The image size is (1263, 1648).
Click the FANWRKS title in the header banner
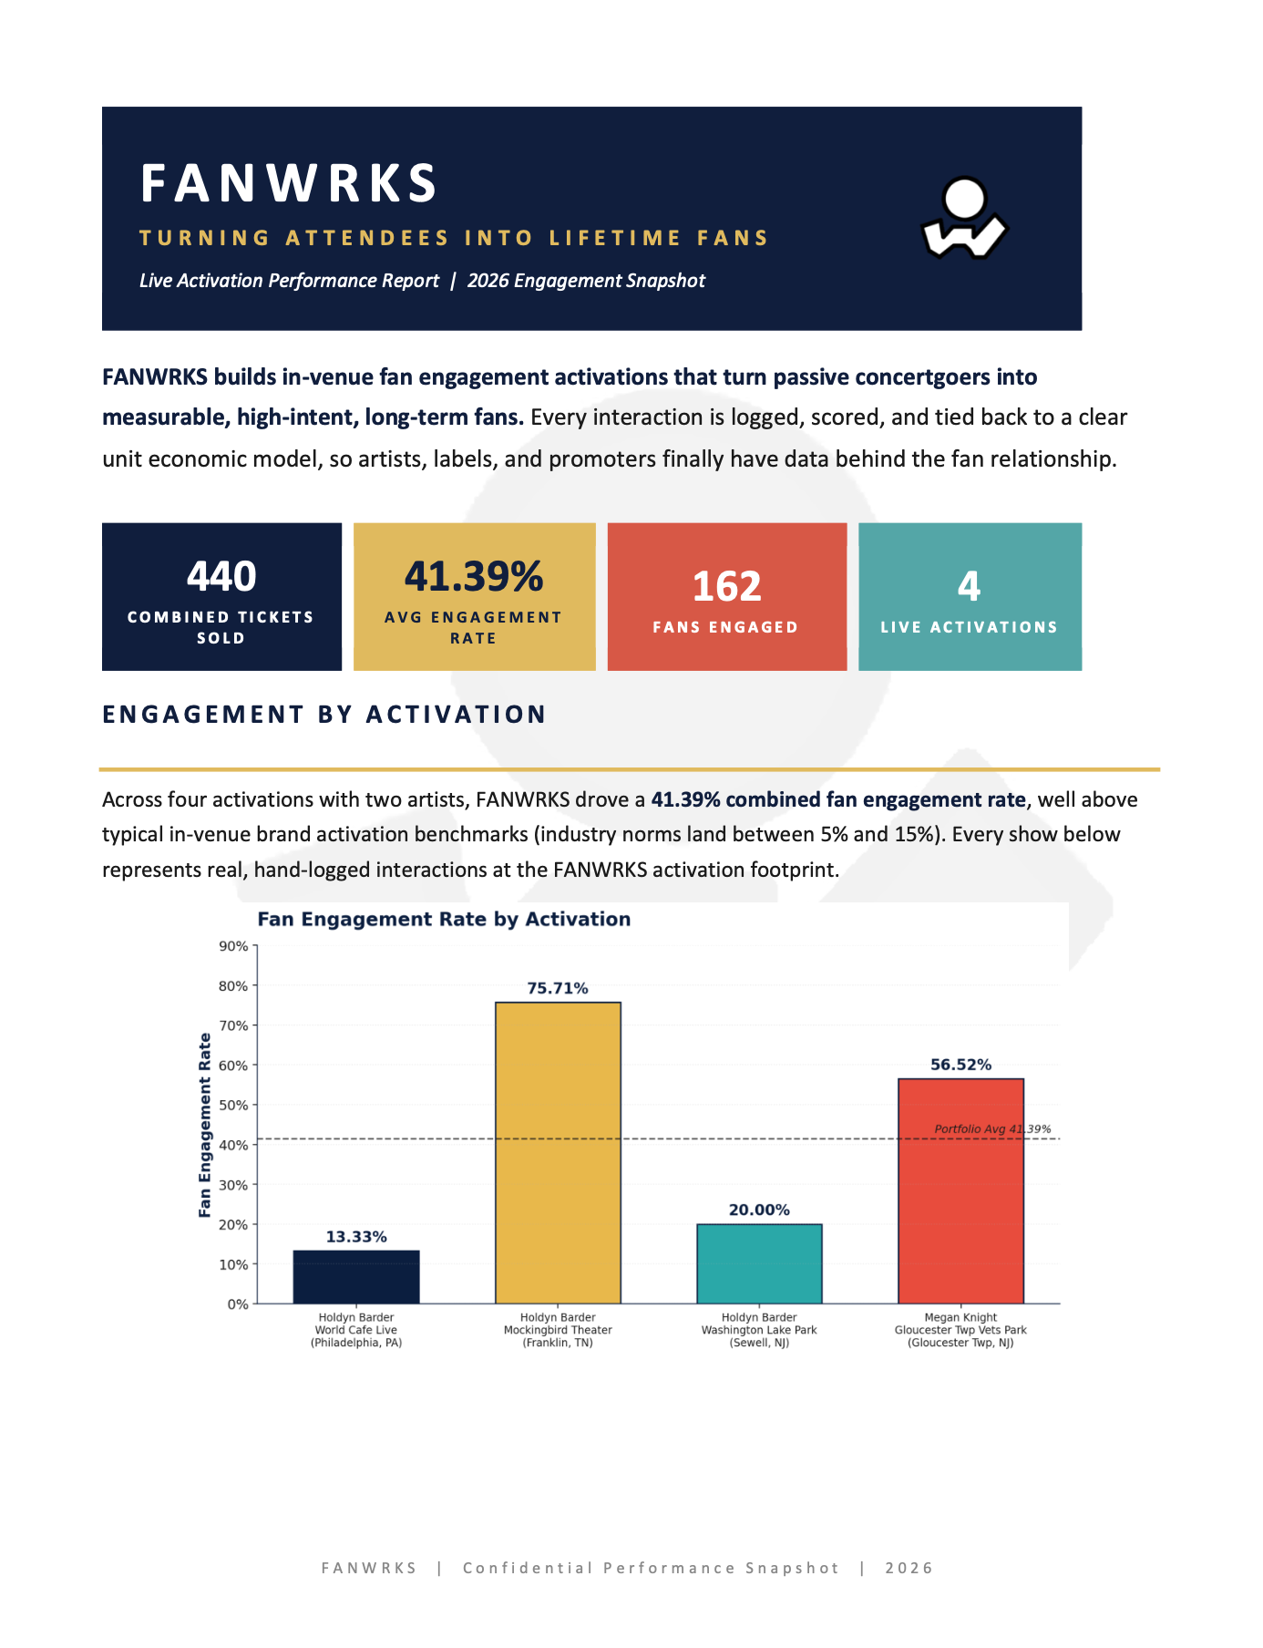289,183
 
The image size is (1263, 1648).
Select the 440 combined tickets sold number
221,576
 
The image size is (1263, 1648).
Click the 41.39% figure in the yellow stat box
474,576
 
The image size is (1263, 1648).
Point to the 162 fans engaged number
726,586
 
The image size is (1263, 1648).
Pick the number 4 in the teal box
969,586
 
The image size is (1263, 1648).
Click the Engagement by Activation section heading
324,715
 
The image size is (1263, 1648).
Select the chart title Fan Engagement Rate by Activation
444,919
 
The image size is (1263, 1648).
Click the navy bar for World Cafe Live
356,1277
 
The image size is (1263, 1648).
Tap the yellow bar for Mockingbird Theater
558,1153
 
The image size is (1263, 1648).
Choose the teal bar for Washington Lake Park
759,1263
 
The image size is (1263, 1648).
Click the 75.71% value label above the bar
558,988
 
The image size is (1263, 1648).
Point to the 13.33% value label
356,1237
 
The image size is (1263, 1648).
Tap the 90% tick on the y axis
234,946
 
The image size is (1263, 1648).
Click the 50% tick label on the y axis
234,1105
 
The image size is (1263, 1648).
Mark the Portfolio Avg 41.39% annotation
992,1129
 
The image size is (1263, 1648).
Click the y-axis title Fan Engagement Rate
205,1125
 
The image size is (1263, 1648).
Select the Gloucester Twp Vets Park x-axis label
960,1330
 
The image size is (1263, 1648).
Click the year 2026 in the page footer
909,1568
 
